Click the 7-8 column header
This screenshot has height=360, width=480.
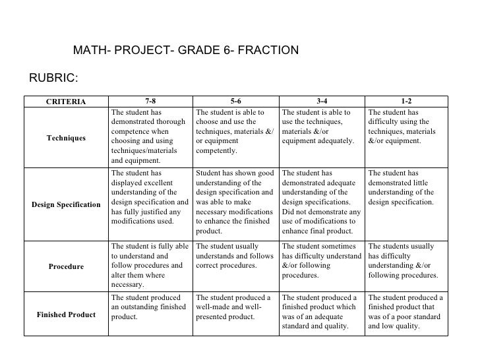click(150, 102)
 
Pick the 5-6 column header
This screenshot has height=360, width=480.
click(235, 102)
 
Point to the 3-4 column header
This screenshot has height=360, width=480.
click(321, 102)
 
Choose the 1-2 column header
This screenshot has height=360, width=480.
click(407, 102)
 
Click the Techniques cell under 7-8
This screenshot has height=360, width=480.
click(150, 136)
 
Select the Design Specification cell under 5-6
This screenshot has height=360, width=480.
click(235, 202)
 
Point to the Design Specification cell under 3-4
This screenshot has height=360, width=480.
click(321, 202)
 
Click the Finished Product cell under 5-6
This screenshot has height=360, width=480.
click(235, 308)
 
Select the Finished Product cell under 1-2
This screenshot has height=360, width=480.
click(407, 314)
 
